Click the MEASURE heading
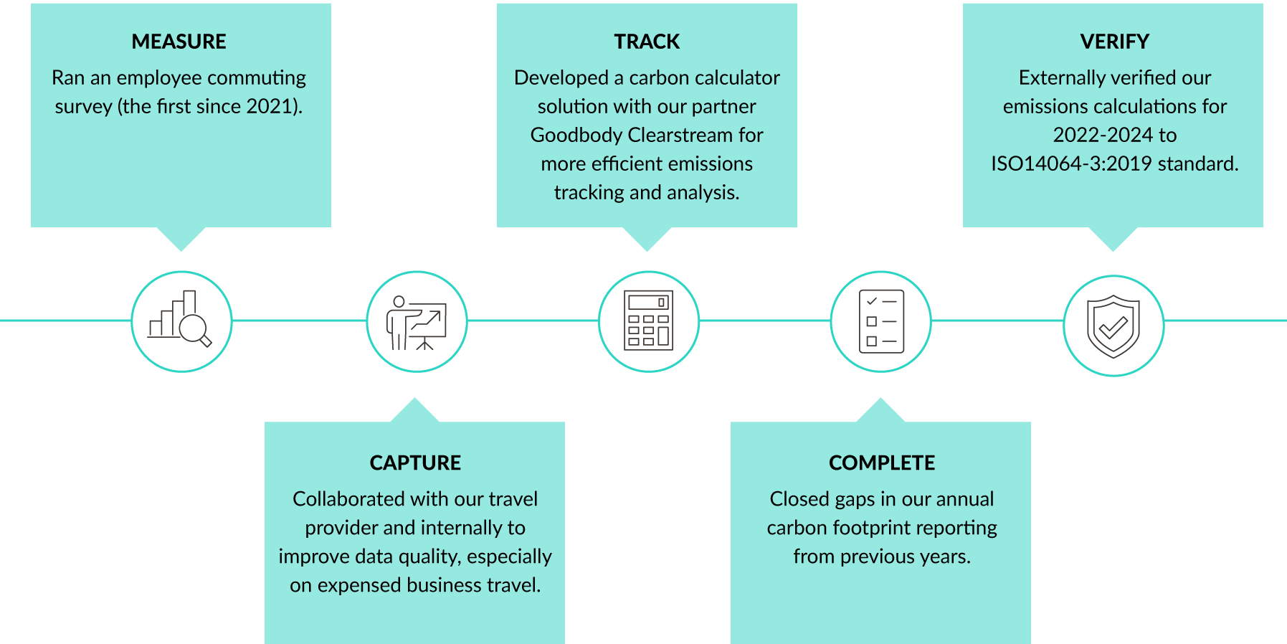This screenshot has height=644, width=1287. [179, 42]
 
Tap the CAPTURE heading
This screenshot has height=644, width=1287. [415, 463]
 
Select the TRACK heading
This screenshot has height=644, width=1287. [647, 42]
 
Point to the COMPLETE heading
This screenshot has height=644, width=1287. [882, 463]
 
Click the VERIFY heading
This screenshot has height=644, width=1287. [1115, 42]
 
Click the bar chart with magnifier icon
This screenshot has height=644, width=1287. [180, 319]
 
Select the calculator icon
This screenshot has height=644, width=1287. [649, 320]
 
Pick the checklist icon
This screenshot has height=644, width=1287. [882, 321]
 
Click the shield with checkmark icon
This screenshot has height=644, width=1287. [1113, 326]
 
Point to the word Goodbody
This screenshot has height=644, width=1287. [576, 136]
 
